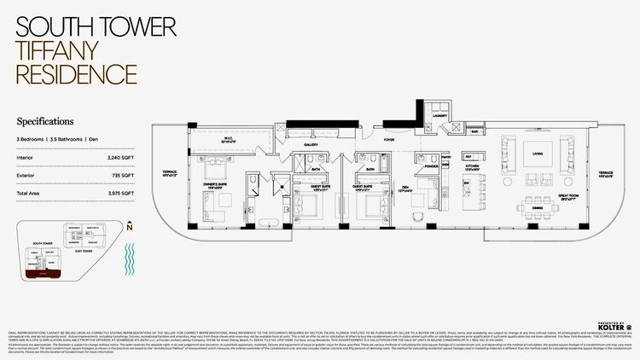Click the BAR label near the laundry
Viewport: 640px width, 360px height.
click(474, 132)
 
